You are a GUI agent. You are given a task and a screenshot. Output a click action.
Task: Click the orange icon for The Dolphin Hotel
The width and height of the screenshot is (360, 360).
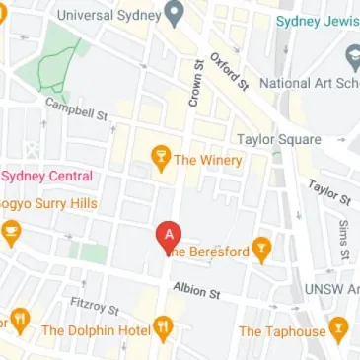164,326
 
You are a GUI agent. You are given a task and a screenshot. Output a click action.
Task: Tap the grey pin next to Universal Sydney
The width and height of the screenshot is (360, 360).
175,14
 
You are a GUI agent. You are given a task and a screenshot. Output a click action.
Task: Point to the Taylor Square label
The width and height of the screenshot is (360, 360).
281,139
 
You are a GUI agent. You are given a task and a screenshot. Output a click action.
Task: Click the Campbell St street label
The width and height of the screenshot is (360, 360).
76,108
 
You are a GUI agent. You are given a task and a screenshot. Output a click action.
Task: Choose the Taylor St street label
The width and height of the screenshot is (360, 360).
326,191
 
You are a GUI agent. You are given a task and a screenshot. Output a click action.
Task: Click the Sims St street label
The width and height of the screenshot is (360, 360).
343,239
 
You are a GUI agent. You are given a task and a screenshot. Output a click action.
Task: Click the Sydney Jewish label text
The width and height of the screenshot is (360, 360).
316,21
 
